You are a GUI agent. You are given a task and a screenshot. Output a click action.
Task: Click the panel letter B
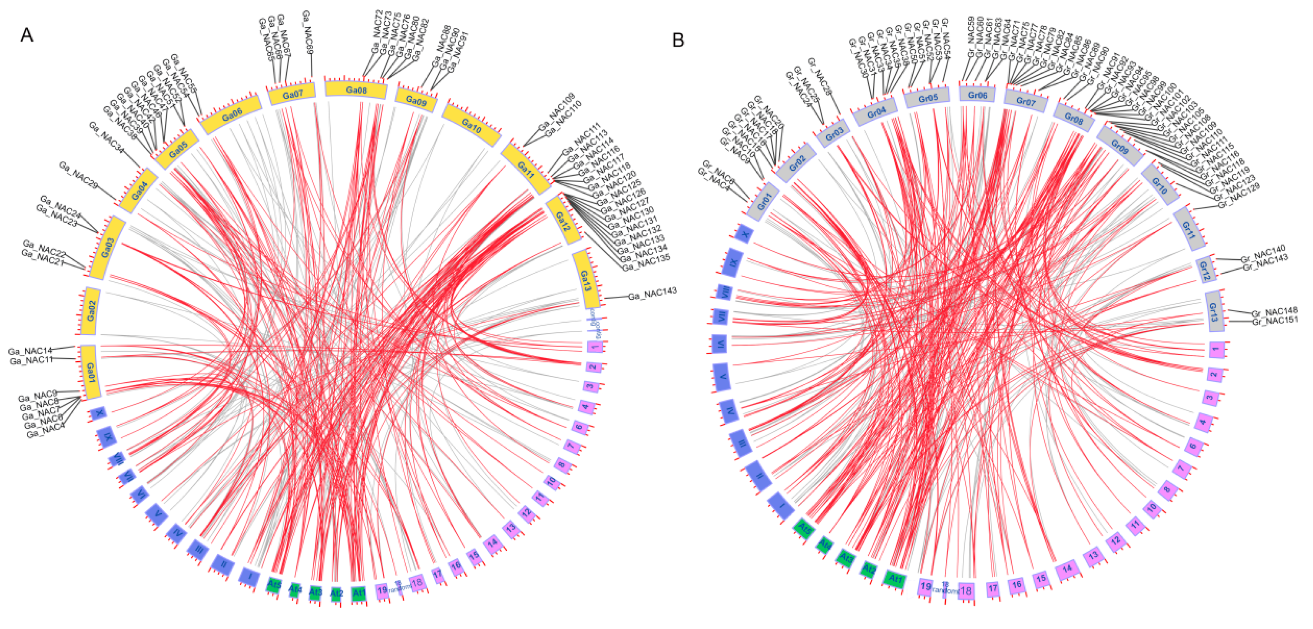pyautogui.click(x=678, y=40)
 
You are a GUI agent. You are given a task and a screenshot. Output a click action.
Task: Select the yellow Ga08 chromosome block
pyautogui.click(x=356, y=90)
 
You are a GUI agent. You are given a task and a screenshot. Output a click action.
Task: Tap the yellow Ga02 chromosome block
pyautogui.click(x=91, y=310)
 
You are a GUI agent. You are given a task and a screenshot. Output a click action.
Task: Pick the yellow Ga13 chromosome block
pyautogui.click(x=586, y=279)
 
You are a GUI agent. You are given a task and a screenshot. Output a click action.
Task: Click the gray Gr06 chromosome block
pyautogui.click(x=977, y=95)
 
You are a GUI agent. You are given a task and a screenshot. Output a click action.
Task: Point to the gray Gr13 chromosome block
pyautogui.click(x=1214, y=311)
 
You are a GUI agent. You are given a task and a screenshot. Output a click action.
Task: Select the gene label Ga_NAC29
pyautogui.click(x=78, y=175)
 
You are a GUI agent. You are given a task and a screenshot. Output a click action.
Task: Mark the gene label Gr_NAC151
pyautogui.click(x=1274, y=320)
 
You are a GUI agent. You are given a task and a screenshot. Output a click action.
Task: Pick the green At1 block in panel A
pyautogui.click(x=359, y=593)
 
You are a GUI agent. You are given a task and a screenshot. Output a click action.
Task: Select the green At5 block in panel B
pyautogui.click(x=804, y=529)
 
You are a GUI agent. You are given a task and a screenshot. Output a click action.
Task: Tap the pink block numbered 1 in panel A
pyautogui.click(x=595, y=347)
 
